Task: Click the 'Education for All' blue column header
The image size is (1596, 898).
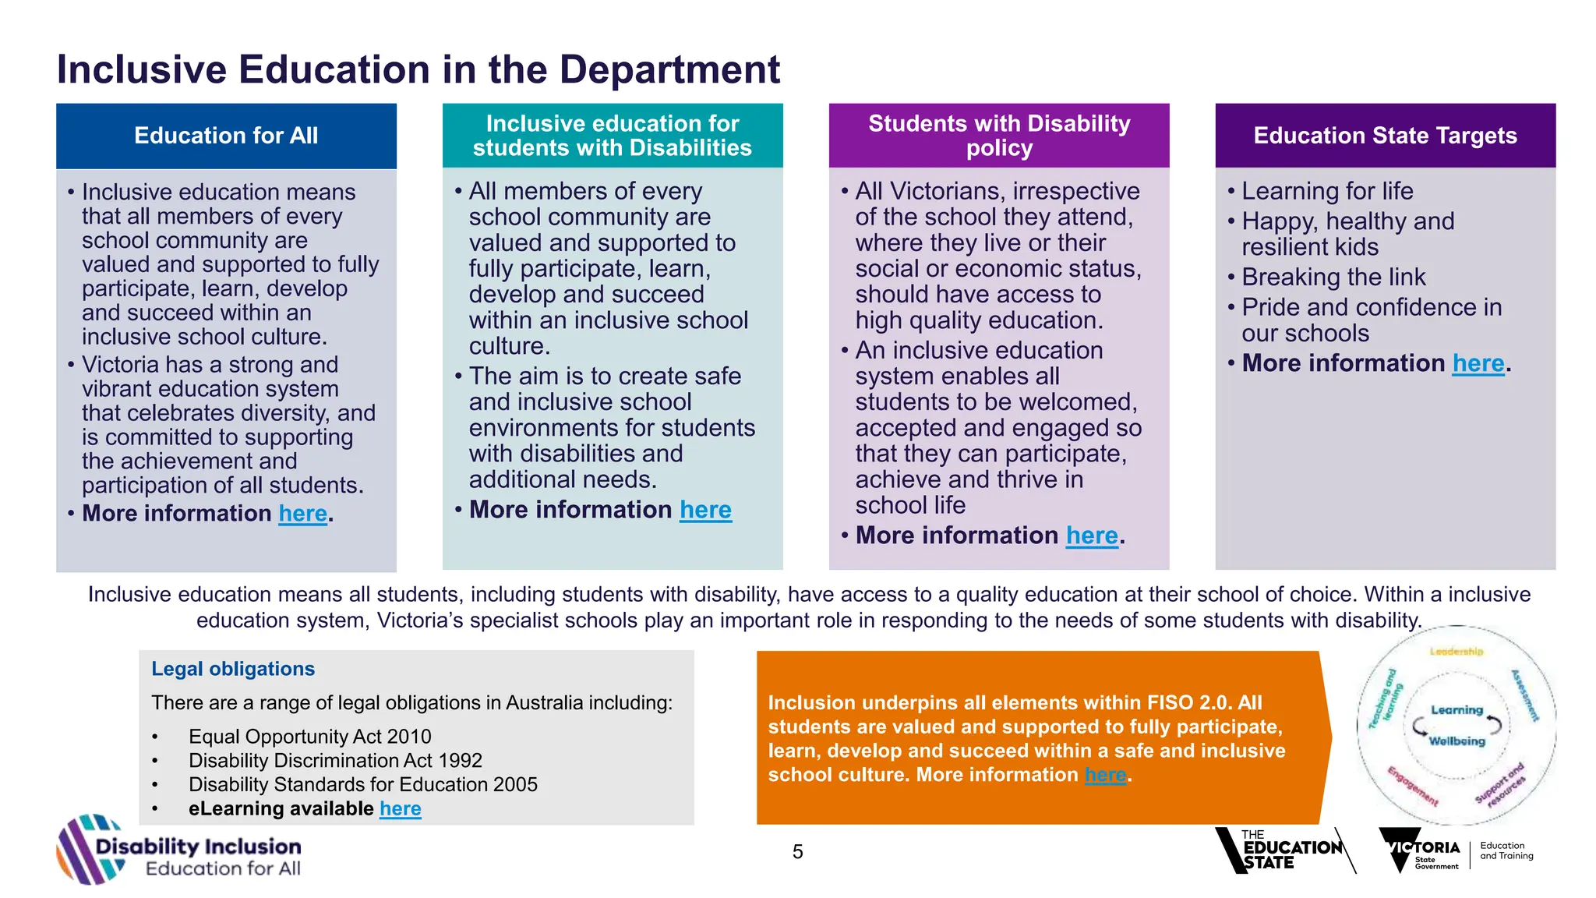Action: [x=226, y=136]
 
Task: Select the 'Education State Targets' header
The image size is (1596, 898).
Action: [x=1385, y=136]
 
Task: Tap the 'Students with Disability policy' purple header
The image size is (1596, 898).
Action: [x=999, y=136]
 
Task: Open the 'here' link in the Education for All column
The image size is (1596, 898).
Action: [x=303, y=514]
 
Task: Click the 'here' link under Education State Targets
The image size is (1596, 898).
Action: [x=1478, y=363]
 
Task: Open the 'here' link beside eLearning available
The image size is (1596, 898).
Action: [x=401, y=809]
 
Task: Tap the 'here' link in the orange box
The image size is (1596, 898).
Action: [x=1106, y=775]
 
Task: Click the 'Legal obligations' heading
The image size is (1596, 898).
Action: [x=233, y=669]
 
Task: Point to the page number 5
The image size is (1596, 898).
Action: [x=798, y=852]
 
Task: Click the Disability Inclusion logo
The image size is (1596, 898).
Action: [x=179, y=850]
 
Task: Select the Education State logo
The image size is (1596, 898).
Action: [x=1285, y=850]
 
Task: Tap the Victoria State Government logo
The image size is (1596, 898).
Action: [x=1456, y=850]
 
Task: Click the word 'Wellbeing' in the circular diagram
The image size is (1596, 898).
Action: [x=1457, y=741]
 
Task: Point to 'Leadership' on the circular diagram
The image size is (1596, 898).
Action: [x=1457, y=652]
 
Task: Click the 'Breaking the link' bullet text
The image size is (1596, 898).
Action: [x=1333, y=278]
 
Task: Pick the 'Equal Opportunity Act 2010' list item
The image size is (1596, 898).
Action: [x=310, y=737]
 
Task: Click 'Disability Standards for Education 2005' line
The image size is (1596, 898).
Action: [x=363, y=784]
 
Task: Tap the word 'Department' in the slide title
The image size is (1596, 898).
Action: [x=669, y=70]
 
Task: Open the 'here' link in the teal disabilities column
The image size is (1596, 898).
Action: [x=706, y=510]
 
